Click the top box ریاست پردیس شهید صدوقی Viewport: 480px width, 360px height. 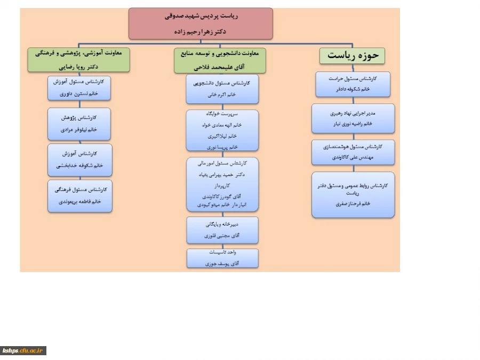pos(201,23)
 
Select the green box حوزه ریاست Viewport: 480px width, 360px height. pos(353,55)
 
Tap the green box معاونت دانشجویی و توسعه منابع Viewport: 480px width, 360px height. pos(220,60)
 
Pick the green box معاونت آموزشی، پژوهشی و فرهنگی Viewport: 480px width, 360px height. pos(79,60)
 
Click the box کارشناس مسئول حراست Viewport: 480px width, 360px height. pos(353,84)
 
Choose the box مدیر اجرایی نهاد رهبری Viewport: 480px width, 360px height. pos(353,118)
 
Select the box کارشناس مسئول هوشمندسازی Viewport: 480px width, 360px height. pos(353,152)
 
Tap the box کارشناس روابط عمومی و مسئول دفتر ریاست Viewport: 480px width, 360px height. pos(353,194)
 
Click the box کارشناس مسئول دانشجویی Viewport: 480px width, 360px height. pos(222,89)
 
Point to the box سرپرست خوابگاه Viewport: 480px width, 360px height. pos(222,130)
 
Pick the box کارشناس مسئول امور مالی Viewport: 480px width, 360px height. pos(222,184)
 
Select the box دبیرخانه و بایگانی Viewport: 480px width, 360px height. pos(222,230)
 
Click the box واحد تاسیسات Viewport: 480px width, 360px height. pos(222,258)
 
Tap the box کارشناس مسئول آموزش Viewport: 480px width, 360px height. pos(79,88)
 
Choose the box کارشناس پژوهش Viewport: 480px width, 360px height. pos(79,123)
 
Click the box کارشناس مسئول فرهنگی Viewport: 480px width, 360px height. pos(79,196)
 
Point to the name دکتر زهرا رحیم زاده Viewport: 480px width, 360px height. pos(201,31)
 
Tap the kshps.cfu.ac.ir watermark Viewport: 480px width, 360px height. pos(23,350)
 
